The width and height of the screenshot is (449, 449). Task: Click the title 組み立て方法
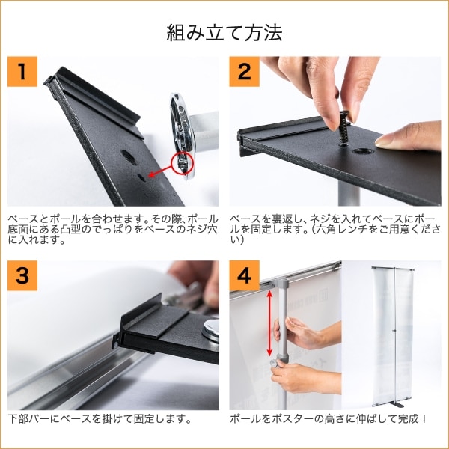point(224,33)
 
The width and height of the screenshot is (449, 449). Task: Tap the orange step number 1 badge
point(22,72)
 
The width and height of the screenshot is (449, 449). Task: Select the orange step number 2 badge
point(244,72)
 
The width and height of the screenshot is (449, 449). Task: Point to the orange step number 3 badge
point(22,275)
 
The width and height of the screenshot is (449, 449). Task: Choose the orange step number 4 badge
point(244,275)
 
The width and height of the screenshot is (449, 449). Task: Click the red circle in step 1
point(183,163)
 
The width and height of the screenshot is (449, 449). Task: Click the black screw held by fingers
point(343,128)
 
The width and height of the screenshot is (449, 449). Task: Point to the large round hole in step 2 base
point(362,150)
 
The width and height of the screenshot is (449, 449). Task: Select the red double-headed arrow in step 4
point(269,323)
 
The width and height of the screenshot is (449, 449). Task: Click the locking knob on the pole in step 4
point(275,364)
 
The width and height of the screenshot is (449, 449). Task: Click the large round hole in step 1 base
point(129,157)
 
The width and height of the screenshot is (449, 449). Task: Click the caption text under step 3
point(100,419)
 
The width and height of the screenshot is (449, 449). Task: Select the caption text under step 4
point(329,419)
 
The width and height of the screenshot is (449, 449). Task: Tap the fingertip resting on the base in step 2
point(385,141)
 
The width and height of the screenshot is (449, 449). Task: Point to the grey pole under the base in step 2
point(349,194)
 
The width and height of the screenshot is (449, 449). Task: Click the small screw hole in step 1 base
point(141,177)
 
